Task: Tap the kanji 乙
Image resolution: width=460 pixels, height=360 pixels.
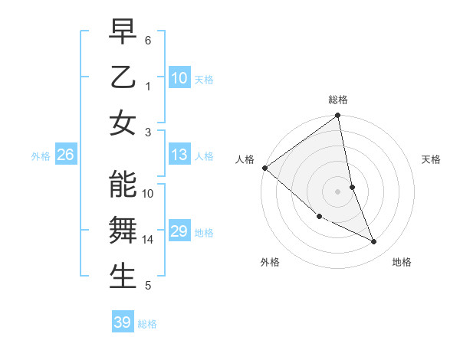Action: click(123, 79)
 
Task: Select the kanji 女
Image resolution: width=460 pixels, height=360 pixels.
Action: click(123, 123)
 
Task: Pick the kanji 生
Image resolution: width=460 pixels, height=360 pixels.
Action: click(123, 277)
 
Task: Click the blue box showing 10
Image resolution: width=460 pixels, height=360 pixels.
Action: click(179, 78)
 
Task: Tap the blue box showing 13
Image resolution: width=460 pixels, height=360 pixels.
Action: click(179, 155)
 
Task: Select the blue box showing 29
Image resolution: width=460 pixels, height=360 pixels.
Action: click(179, 231)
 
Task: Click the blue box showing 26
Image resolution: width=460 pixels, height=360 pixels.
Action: click(65, 155)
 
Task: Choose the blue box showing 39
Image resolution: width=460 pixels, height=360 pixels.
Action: click(122, 322)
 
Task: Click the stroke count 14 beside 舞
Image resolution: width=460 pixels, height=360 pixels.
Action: click(148, 240)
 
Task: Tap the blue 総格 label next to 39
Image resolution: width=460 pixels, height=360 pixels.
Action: click(148, 324)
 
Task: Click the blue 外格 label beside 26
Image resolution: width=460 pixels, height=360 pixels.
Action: click(41, 156)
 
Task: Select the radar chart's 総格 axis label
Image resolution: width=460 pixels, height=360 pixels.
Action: click(338, 100)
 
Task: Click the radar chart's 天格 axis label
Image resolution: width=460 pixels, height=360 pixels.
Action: click(432, 159)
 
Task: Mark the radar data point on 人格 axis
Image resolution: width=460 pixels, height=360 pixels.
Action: click(264, 168)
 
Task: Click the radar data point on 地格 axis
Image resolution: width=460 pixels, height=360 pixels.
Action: click(374, 241)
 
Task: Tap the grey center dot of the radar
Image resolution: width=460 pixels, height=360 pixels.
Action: click(337, 191)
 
